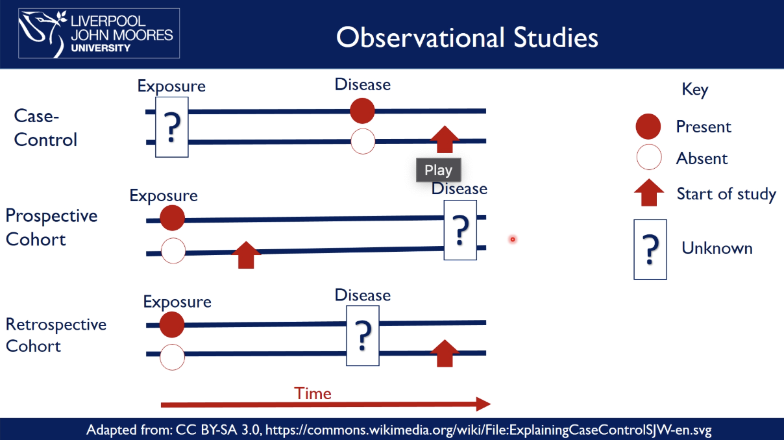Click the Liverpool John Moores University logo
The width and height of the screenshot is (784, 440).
pyautogui.click(x=99, y=34)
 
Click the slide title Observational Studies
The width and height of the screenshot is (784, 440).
pyautogui.click(x=467, y=38)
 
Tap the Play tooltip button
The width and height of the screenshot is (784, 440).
pyautogui.click(x=438, y=170)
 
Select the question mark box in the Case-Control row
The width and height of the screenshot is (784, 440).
pyautogui.click(x=172, y=127)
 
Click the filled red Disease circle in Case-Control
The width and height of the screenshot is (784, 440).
pyautogui.click(x=363, y=111)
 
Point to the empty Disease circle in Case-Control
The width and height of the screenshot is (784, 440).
pyautogui.click(x=363, y=141)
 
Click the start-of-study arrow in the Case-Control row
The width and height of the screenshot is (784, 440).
pyautogui.click(x=445, y=139)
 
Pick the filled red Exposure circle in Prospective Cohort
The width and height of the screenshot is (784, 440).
pyautogui.click(x=172, y=219)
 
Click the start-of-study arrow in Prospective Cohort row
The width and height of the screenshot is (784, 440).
pyautogui.click(x=246, y=254)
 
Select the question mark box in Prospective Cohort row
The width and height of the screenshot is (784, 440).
pyautogui.click(x=460, y=230)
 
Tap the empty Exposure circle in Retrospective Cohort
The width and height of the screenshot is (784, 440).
pyautogui.click(x=172, y=356)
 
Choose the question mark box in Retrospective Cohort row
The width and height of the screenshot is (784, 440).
pyautogui.click(x=363, y=336)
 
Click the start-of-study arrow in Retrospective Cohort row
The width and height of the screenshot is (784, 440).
pyautogui.click(x=445, y=353)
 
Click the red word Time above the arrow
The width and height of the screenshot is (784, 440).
pyautogui.click(x=313, y=393)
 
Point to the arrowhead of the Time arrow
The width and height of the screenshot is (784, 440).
pyautogui.click(x=483, y=404)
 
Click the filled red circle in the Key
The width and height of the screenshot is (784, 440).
pyautogui.click(x=649, y=127)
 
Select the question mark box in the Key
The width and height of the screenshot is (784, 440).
pyautogui.click(x=650, y=249)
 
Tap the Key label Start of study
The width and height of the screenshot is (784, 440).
pyautogui.click(x=726, y=194)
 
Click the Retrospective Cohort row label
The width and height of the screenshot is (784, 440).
pyautogui.click(x=56, y=335)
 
